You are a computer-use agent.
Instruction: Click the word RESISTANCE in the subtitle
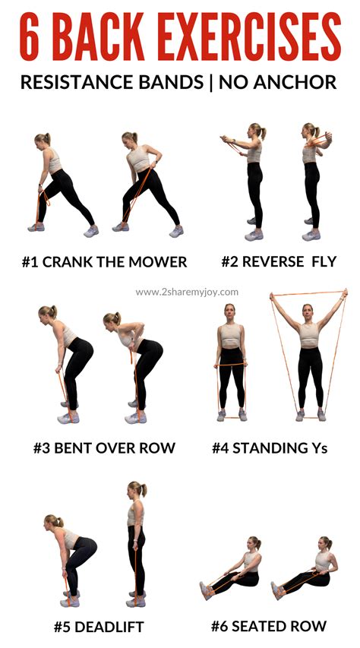68,82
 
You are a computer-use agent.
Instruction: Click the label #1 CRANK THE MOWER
104,262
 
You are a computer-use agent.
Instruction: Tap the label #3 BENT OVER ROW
104,447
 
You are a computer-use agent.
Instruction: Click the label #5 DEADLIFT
99,627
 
